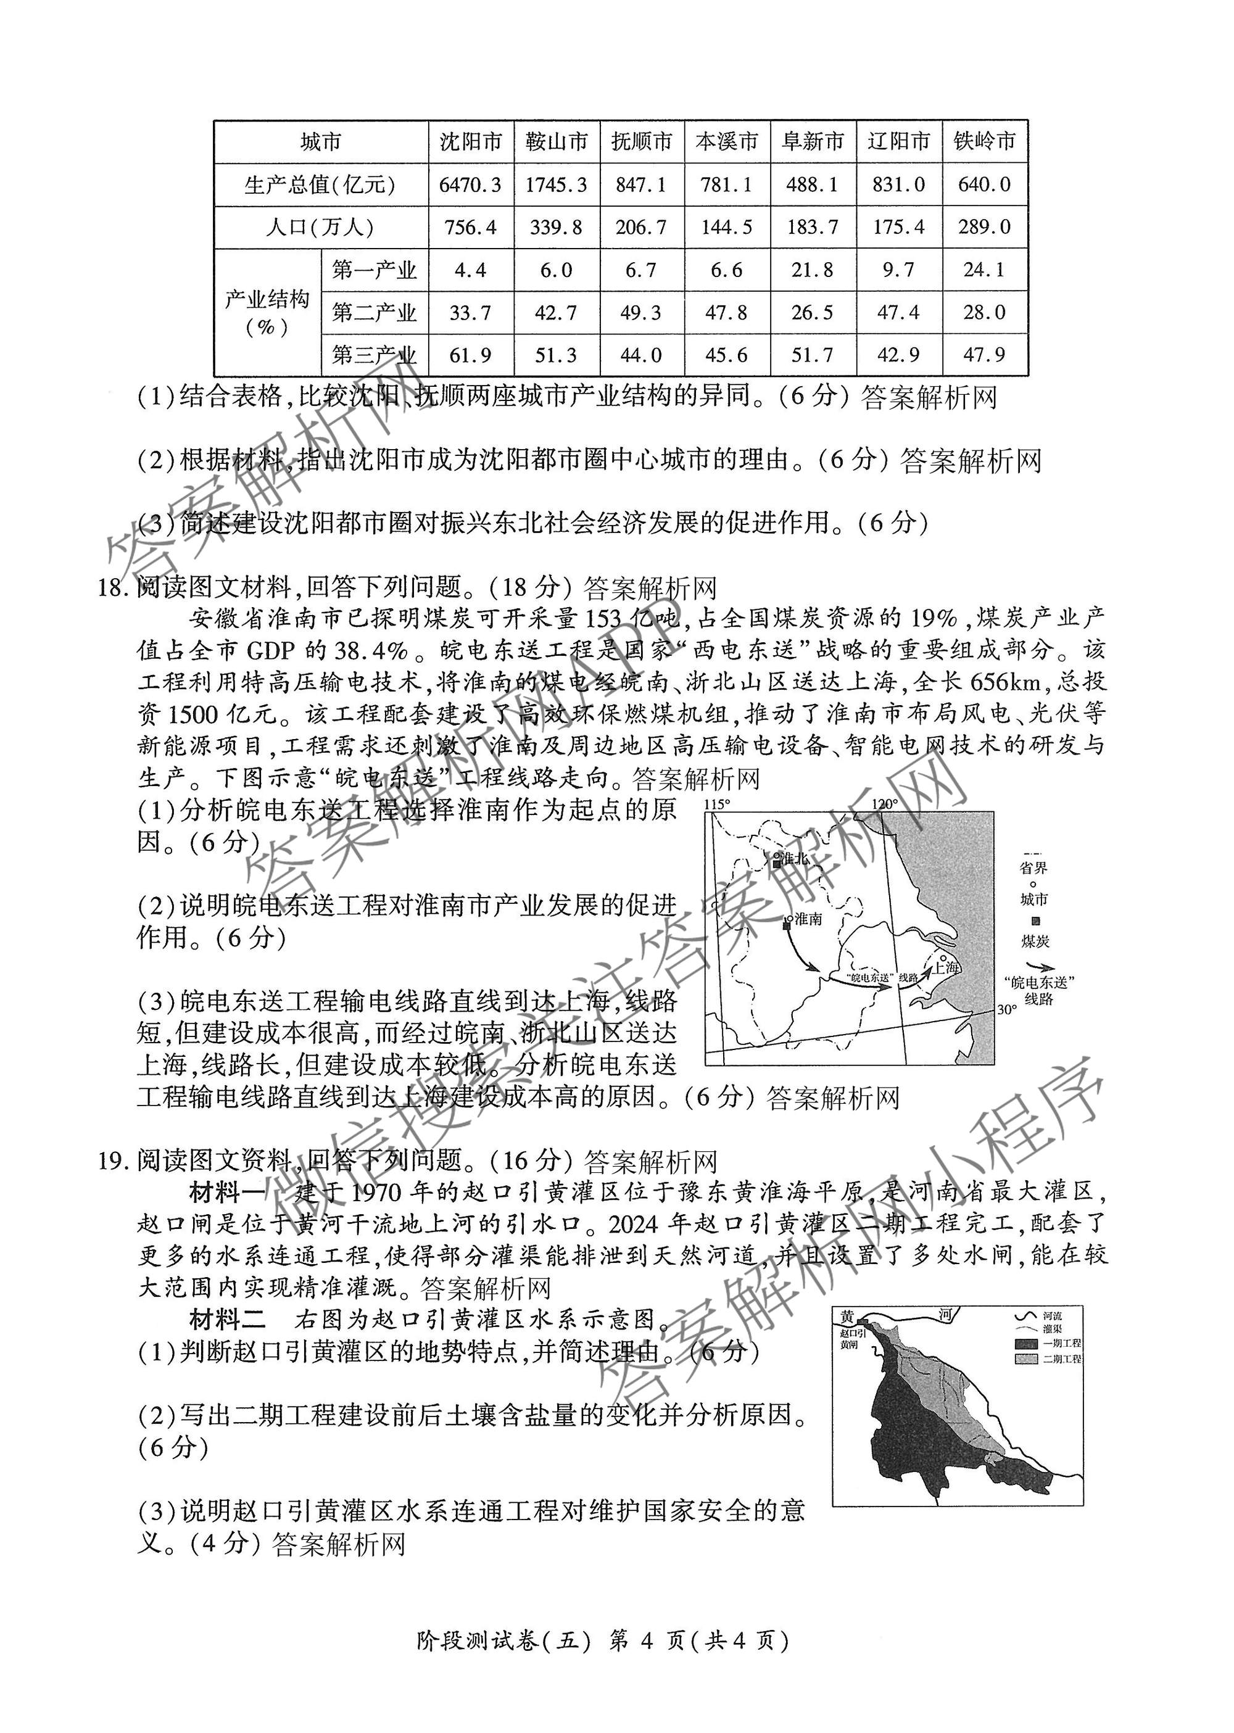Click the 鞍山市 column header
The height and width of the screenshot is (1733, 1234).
click(x=556, y=141)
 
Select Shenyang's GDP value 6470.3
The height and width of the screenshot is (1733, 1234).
click(x=470, y=184)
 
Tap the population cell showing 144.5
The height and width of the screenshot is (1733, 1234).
click(x=727, y=227)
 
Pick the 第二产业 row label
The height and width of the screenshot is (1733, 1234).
click(x=375, y=312)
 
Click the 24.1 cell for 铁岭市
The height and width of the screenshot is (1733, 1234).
click(x=985, y=270)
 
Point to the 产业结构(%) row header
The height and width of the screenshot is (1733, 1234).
click(x=267, y=312)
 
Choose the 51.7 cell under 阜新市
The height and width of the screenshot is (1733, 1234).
click(x=813, y=355)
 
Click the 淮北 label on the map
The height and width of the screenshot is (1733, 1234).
click(x=795, y=859)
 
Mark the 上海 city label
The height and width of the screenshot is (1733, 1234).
click(x=946, y=967)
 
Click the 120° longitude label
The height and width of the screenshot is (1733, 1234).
click(x=884, y=804)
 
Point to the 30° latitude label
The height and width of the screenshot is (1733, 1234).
click(x=1007, y=1010)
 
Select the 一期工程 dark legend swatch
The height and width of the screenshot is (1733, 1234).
click(x=1027, y=1343)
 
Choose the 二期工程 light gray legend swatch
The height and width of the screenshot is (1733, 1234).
click(x=1027, y=1359)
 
